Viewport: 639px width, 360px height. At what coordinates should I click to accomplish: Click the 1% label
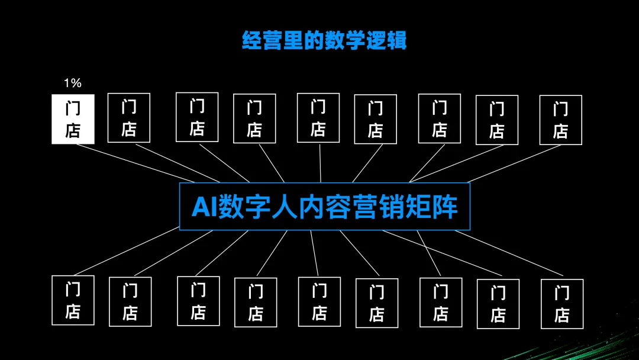pos(72,83)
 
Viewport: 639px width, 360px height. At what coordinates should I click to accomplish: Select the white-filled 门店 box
pos(73,119)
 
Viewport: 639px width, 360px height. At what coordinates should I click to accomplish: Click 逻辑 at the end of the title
pos(386,40)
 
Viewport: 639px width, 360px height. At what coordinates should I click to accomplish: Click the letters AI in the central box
pos(204,207)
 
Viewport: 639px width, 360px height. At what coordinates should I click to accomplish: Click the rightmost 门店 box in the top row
pos(560,120)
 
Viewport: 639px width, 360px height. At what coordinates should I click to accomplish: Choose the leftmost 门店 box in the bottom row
pos(73,300)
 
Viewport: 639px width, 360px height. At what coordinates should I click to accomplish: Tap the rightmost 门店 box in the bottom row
pos(561,304)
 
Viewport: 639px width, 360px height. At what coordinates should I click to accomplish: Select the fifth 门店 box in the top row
pos(318,118)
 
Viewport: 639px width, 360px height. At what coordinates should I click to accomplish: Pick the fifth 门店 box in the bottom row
pos(319,301)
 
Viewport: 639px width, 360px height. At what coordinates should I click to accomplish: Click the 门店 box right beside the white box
pos(128,118)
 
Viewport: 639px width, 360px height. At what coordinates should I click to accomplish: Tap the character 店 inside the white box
pos(73,130)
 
